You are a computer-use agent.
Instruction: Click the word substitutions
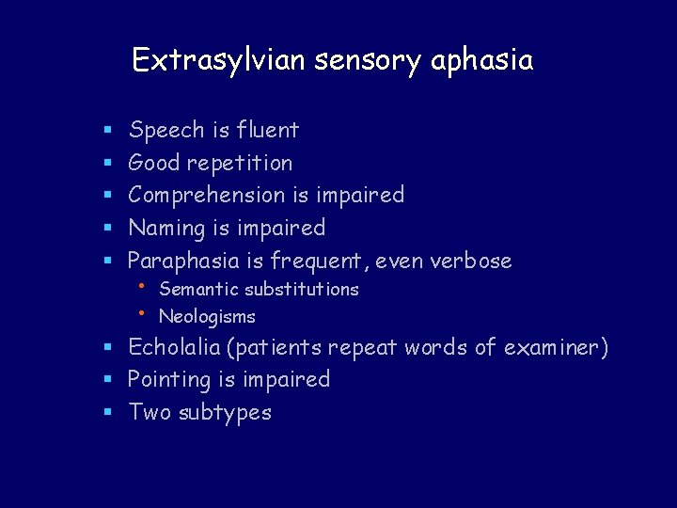302,289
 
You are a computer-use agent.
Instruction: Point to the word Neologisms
207,317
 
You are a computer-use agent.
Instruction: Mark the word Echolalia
175,348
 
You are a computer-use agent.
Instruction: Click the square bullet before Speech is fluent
108,130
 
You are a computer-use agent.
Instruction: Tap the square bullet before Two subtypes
108,413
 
